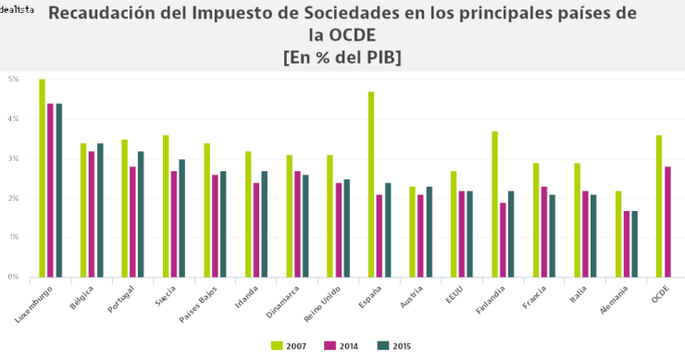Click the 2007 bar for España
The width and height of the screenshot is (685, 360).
coord(371,184)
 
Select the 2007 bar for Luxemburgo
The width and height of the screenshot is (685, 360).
coord(43,178)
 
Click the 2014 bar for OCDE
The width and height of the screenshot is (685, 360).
coord(667,221)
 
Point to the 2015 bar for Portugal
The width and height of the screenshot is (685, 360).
coord(142,214)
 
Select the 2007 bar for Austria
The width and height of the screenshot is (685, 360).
coord(413,231)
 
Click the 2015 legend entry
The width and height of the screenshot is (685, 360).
coord(392,346)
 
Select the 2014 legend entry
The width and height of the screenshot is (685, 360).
coord(340,346)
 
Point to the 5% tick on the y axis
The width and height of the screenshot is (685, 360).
coord(14,80)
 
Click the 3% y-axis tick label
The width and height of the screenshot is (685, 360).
coord(14,158)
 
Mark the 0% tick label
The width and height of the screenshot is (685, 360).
coord(14,277)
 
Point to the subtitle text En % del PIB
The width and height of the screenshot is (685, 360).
coord(342,57)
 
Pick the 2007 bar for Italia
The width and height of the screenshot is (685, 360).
coord(578,219)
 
